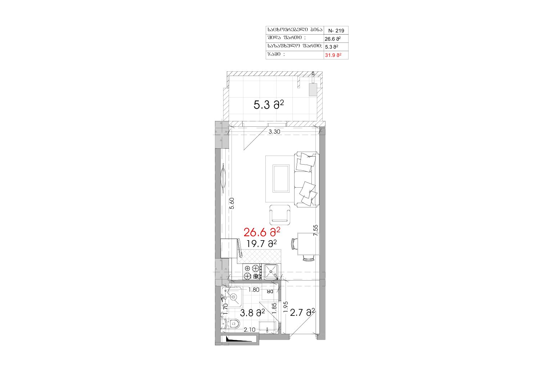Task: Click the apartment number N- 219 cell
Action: click(336, 31)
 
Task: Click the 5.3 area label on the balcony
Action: click(269, 105)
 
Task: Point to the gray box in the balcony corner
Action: click(313, 90)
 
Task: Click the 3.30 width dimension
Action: click(274, 132)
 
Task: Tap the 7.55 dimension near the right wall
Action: click(315, 230)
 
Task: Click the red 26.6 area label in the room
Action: click(262, 233)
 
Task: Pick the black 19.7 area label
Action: click(261, 244)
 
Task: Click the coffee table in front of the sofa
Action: click(281, 179)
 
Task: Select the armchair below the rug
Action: click(280, 215)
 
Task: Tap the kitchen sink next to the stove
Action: click(271, 272)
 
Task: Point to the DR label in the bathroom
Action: click(270, 291)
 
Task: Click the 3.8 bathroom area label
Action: click(252, 313)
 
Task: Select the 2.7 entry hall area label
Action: click(302, 313)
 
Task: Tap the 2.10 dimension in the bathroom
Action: click(250, 330)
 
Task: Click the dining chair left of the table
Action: click(294, 244)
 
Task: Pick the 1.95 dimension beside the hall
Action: click(286, 307)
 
